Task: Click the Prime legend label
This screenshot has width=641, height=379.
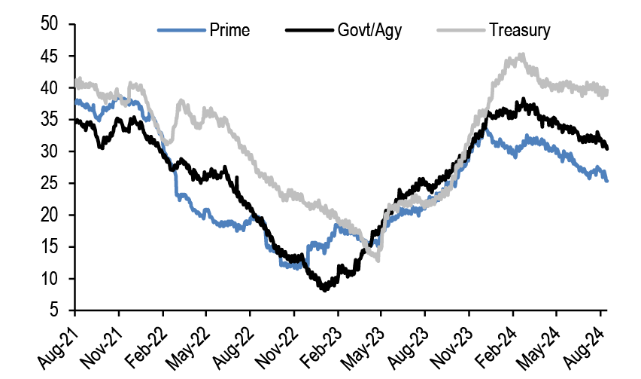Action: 230,31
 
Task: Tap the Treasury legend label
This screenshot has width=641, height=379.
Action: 519,31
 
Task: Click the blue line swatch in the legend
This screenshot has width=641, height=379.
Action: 181,31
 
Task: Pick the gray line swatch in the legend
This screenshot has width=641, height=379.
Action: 460,31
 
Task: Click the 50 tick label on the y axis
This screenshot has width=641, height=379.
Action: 50,25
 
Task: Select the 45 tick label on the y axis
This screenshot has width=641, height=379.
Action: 50,57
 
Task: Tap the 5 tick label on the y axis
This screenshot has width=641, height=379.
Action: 55,310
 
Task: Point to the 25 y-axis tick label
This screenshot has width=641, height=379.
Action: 50,184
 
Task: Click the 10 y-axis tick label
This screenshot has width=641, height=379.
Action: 50,279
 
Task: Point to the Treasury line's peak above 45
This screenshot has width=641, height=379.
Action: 522,54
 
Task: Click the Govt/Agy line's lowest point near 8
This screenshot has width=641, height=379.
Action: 324,289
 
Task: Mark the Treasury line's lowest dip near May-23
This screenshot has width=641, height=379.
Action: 378,261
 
